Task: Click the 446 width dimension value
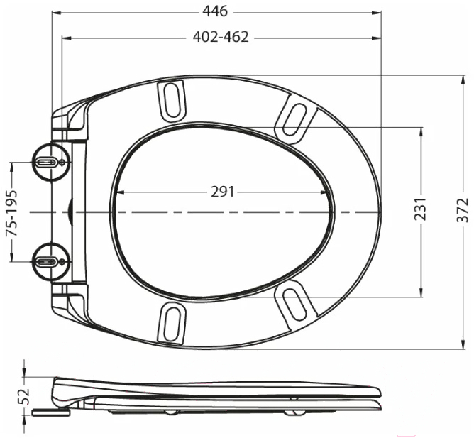[215, 11]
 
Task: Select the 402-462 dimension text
[221, 37]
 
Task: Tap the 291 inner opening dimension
[222, 192]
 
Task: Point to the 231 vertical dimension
[420, 209]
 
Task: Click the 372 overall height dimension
[463, 211]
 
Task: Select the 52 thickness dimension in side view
[23, 396]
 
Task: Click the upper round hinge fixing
[51, 162]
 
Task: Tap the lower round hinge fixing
[51, 261]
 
